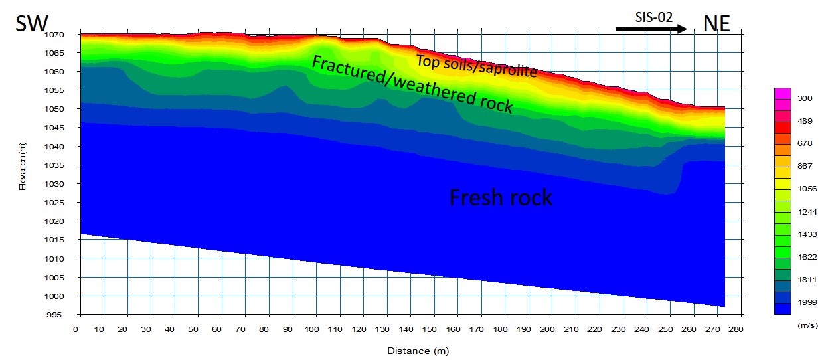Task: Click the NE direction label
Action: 716,24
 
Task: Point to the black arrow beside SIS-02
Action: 651,29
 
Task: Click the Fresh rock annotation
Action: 501,197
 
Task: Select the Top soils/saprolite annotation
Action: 476,66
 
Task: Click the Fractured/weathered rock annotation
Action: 412,84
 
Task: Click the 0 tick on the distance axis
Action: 78,329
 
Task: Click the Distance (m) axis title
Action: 418,350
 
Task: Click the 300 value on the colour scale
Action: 805,99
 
